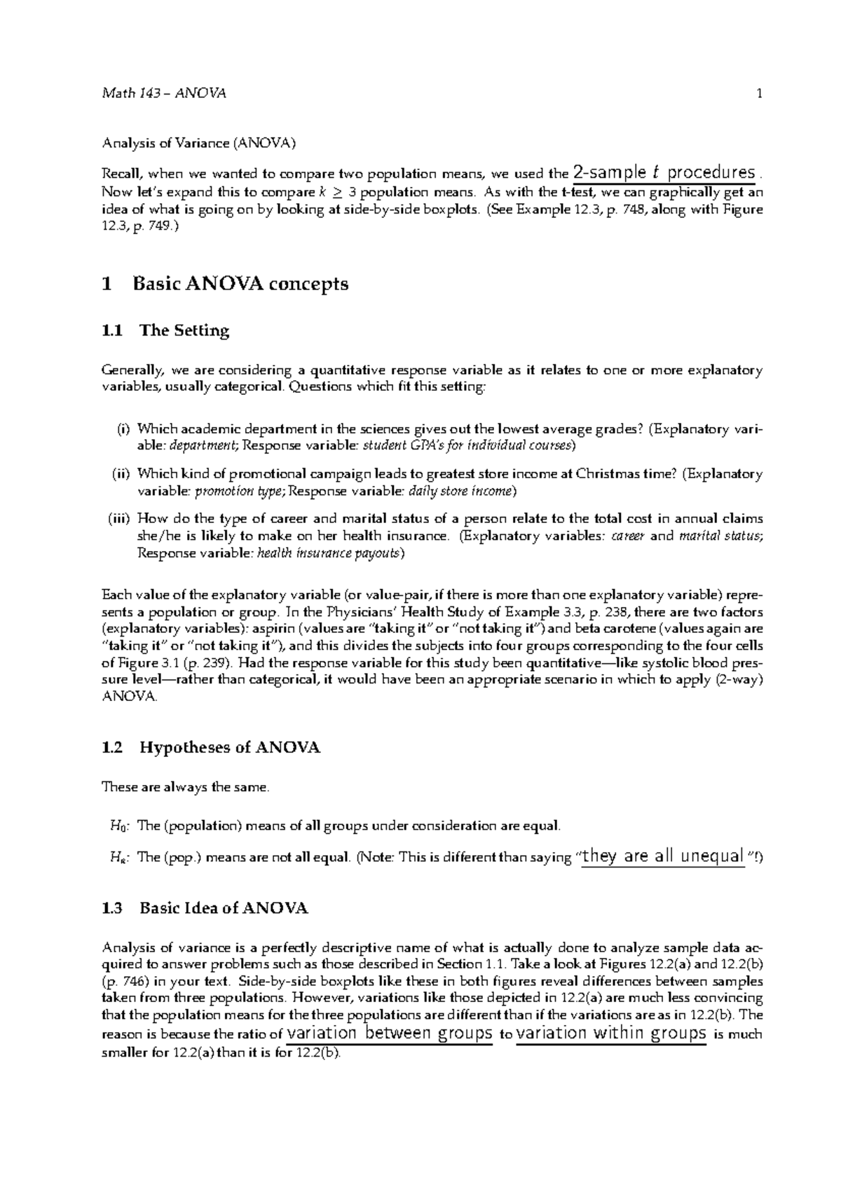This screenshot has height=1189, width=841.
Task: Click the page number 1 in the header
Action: [x=760, y=94]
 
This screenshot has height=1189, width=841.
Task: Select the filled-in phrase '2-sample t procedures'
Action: [x=664, y=172]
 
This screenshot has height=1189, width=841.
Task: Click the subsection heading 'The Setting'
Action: [x=184, y=331]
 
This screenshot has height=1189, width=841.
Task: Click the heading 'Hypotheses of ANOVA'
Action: [x=230, y=748]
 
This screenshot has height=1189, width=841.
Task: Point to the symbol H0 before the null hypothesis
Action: [x=115, y=826]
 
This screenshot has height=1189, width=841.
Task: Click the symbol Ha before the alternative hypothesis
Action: [x=115, y=857]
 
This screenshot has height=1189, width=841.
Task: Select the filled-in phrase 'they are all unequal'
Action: [x=662, y=856]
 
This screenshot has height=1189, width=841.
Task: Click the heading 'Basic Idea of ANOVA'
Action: [x=224, y=909]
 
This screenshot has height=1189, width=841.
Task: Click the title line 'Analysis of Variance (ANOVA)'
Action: [x=199, y=144]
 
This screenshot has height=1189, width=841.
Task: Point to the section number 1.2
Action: [x=112, y=748]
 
